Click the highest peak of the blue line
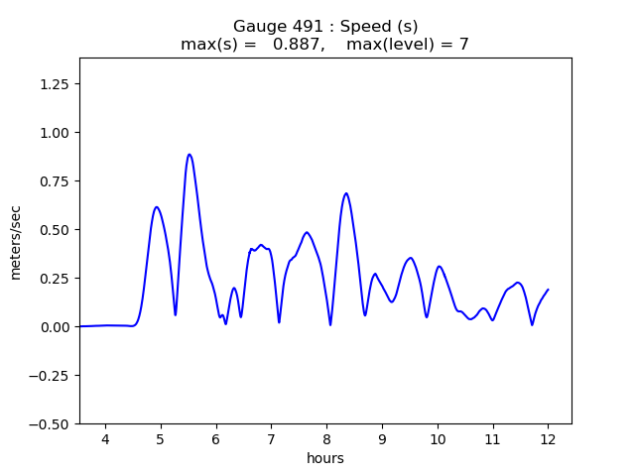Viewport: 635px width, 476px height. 189,155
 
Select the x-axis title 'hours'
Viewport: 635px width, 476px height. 325,458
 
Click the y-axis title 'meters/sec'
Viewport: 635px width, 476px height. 16,241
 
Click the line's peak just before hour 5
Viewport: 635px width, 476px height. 157,207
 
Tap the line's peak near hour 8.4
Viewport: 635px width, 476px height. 346,193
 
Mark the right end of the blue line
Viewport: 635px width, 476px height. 548,290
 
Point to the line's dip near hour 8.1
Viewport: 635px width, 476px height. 330,324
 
